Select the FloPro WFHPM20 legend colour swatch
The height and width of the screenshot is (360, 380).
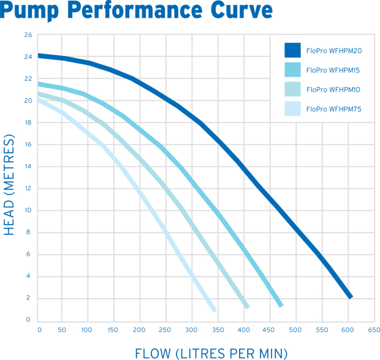click(x=292, y=50)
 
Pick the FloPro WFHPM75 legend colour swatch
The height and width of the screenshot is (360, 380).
click(x=292, y=109)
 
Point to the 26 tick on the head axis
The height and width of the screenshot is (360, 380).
click(x=28, y=35)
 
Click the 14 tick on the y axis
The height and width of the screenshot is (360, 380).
click(x=28, y=166)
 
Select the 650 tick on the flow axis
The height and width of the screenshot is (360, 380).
click(x=373, y=329)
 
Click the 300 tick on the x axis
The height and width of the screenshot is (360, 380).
click(x=192, y=329)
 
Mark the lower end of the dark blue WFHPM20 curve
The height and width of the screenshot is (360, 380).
click(x=350, y=296)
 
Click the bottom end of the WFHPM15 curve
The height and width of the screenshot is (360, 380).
click(x=281, y=304)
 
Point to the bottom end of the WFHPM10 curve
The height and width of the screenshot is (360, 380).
click(x=247, y=306)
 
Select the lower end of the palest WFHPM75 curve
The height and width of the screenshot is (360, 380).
click(x=215, y=310)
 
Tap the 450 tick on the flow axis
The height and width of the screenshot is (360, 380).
click(x=270, y=329)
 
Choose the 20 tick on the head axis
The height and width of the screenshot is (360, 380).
click(x=28, y=101)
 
